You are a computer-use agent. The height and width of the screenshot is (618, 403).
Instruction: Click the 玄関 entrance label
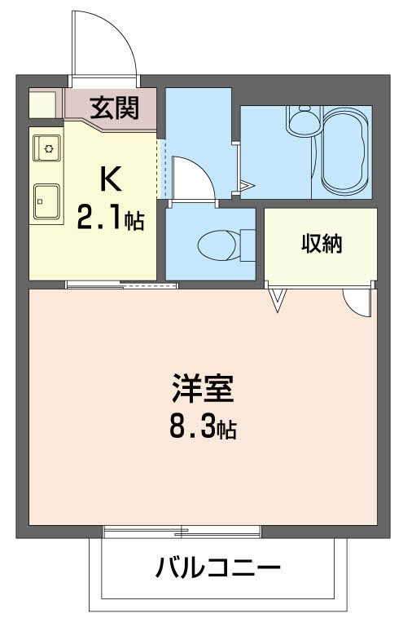[113, 107]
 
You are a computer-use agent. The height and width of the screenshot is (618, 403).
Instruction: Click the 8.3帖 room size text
[203, 426]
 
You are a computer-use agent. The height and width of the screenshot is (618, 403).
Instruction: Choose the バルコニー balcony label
[218, 567]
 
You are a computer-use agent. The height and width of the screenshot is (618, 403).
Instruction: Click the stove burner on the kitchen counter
[48, 148]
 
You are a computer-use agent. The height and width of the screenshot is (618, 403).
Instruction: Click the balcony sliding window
[182, 532]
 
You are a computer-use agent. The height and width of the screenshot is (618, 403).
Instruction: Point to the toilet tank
[247, 242]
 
